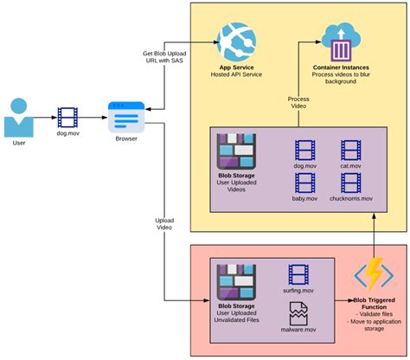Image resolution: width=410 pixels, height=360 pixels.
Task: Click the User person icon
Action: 22,118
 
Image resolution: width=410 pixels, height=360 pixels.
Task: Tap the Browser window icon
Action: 125,114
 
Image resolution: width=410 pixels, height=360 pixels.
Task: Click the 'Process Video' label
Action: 298,103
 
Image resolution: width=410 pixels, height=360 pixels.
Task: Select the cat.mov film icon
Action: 351,151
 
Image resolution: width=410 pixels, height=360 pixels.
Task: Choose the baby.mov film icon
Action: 305,183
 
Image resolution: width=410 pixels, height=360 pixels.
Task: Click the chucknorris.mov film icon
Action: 351,183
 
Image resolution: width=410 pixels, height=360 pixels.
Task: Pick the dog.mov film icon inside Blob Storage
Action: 305,151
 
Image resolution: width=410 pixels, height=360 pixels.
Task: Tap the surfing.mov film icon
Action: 298,276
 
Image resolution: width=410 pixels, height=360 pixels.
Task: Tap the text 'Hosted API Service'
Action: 237,75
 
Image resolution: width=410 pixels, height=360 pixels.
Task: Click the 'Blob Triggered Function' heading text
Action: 375,302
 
